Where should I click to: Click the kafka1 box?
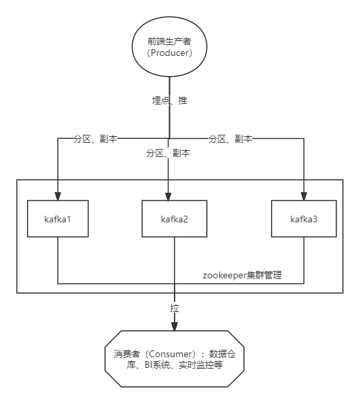click(57, 219)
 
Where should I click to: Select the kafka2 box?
click(174, 219)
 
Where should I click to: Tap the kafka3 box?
click(303, 219)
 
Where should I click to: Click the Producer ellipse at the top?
click(169, 46)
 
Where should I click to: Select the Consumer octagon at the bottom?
click(173, 359)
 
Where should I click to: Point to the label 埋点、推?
click(169, 100)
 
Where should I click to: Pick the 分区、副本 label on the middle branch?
click(168, 153)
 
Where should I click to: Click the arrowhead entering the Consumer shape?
click(174, 326)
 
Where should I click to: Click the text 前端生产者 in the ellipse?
click(169, 41)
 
